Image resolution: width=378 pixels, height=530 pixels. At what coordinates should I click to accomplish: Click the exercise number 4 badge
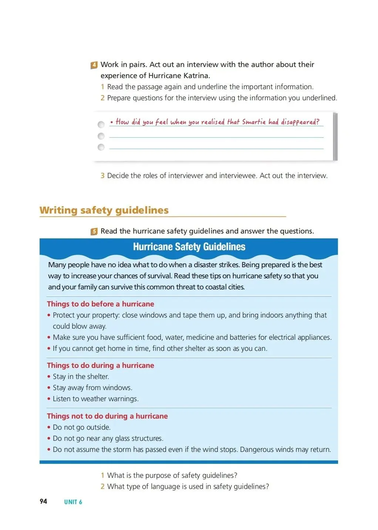(x=94, y=65)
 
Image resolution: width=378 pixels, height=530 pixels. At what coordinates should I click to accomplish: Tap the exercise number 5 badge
(x=94, y=232)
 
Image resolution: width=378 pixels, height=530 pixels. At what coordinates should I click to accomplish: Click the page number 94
(x=43, y=501)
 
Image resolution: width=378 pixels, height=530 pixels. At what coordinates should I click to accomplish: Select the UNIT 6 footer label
(x=73, y=502)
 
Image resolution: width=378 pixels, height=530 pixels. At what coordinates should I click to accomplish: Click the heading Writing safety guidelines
(x=104, y=210)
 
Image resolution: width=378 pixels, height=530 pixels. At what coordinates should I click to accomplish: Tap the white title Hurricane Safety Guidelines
(x=189, y=247)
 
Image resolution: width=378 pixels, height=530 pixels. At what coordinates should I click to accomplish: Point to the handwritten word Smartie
(x=254, y=122)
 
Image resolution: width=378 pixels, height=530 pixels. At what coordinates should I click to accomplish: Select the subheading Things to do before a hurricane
(x=100, y=304)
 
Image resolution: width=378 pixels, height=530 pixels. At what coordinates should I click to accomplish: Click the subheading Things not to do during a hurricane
(x=107, y=416)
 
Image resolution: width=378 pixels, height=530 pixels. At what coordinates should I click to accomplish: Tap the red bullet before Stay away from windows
(x=49, y=388)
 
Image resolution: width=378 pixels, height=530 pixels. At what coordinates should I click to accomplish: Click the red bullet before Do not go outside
(x=49, y=427)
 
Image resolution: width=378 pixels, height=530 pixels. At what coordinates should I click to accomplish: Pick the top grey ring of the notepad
(x=101, y=125)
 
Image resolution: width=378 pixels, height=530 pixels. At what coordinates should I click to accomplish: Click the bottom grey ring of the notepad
(x=101, y=147)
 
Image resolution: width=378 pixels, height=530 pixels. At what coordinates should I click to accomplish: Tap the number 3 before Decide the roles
(x=102, y=175)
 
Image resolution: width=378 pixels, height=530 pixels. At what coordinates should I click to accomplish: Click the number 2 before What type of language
(x=102, y=486)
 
